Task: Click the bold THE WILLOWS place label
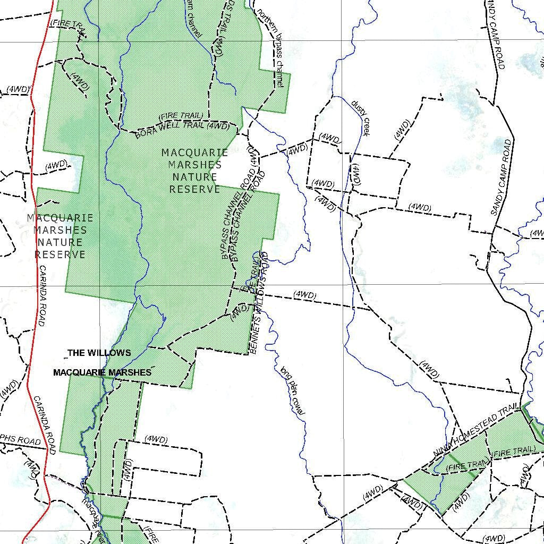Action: [99, 353]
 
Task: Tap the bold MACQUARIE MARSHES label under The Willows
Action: [102, 372]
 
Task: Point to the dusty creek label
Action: [360, 118]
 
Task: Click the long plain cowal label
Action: [292, 390]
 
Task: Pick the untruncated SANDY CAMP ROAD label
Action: [501, 177]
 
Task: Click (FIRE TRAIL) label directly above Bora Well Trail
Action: [181, 116]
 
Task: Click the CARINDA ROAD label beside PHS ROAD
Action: [45, 425]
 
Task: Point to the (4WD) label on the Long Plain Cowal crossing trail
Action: [304, 295]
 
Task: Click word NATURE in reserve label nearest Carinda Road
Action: [60, 242]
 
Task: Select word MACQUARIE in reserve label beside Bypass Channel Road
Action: [195, 153]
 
